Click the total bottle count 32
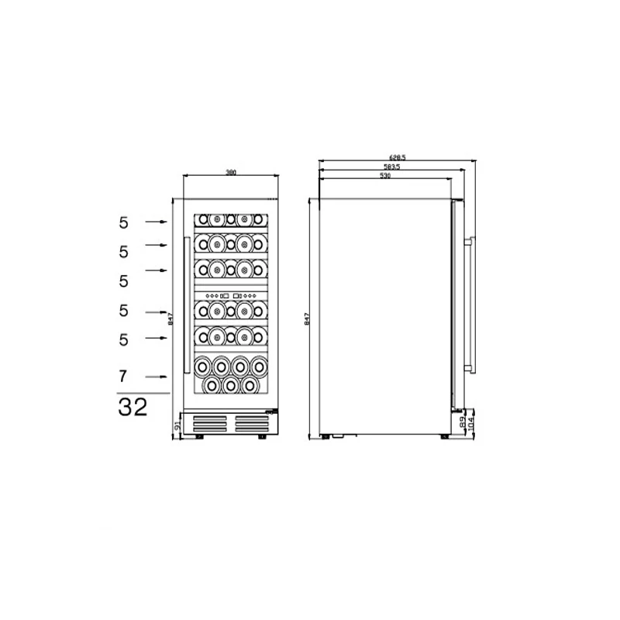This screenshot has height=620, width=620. tap(133, 408)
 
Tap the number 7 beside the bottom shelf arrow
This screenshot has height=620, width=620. tap(122, 377)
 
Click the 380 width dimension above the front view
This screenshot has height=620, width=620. tap(230, 172)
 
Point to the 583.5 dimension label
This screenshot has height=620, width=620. tap(391, 167)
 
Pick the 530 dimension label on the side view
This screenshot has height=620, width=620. tap(385, 176)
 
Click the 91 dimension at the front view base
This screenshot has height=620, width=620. tap(177, 425)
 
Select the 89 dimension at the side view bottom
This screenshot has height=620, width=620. tap(463, 423)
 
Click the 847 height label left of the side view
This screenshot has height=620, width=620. tap(307, 318)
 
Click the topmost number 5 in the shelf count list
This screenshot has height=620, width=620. tap(122, 222)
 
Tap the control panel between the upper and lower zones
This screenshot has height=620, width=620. tap(230, 295)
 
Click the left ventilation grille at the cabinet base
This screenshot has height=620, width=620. tap(209, 423)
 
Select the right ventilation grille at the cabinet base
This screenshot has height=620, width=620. tap(252, 423)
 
